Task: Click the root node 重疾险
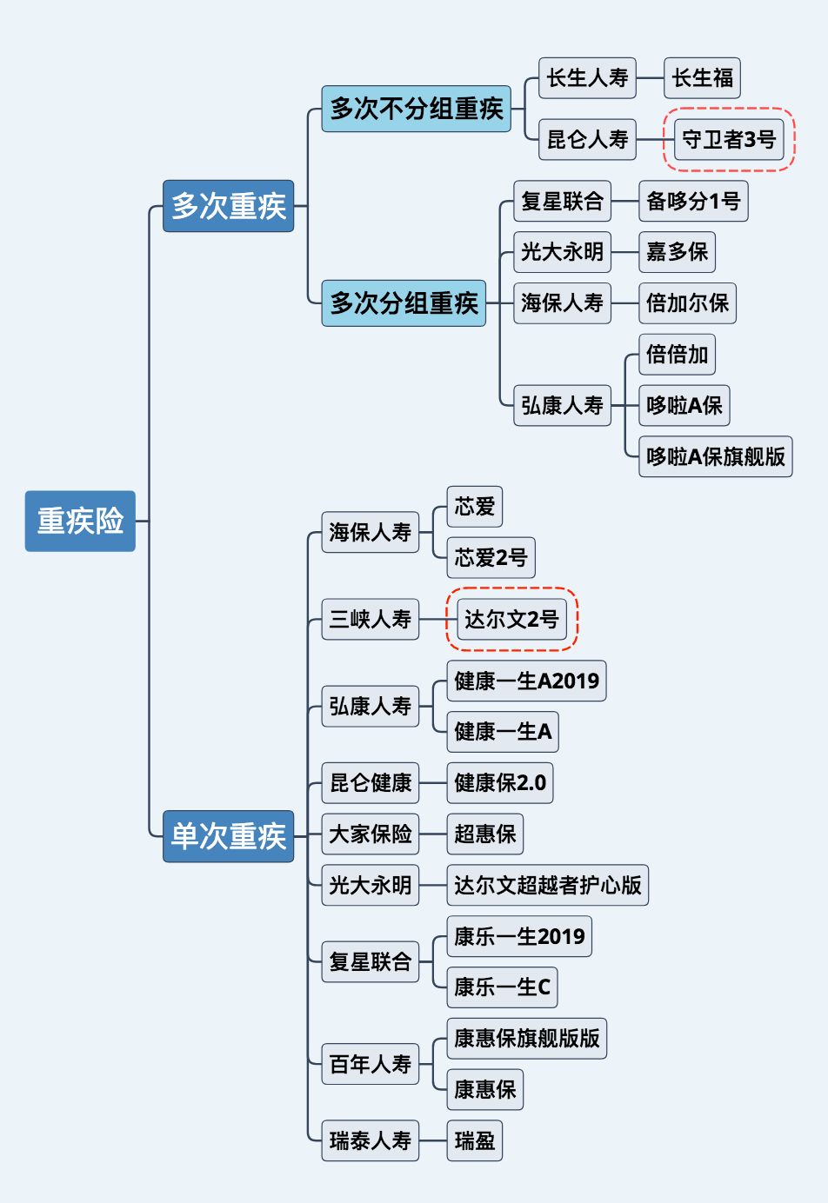(x=80, y=521)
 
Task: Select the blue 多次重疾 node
(x=228, y=206)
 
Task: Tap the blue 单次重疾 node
(x=228, y=835)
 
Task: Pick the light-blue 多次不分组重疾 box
(x=416, y=109)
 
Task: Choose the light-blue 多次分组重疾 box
(x=404, y=302)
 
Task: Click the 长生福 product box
(x=702, y=78)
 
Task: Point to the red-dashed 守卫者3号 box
(x=729, y=139)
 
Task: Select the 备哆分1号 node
(x=693, y=201)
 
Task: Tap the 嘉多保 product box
(x=677, y=252)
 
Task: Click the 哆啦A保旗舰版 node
(x=715, y=456)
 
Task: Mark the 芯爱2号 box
(x=491, y=557)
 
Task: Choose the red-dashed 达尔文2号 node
(x=511, y=619)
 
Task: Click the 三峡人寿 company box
(x=370, y=619)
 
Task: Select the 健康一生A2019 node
(x=526, y=681)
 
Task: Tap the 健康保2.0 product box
(x=500, y=783)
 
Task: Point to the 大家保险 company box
(x=370, y=834)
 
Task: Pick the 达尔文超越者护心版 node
(x=547, y=885)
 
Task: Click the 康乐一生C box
(x=502, y=987)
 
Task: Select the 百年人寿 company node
(x=370, y=1064)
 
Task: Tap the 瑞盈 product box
(x=474, y=1140)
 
